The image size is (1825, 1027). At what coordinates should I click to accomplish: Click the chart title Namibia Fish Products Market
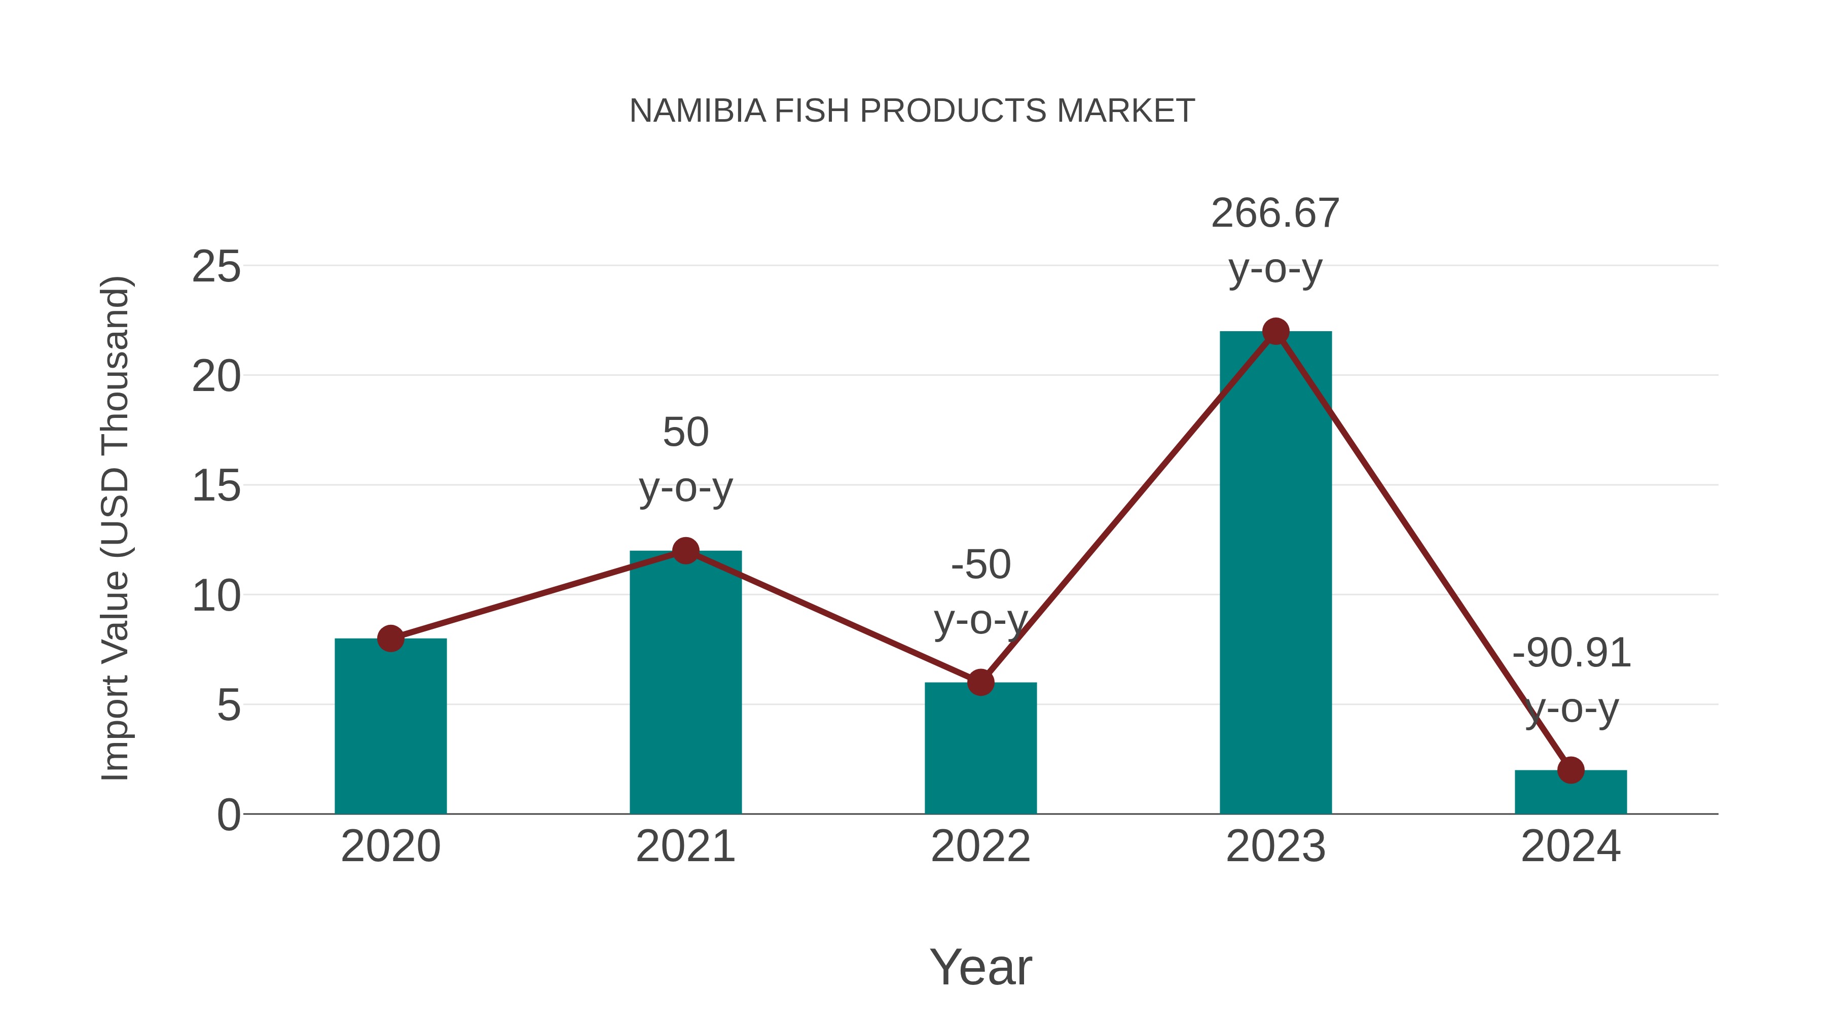[912, 111]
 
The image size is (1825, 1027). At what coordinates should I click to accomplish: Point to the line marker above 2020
[390, 639]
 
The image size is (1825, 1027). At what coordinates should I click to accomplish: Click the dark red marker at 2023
[1275, 331]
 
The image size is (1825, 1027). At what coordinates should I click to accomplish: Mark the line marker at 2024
[1571, 770]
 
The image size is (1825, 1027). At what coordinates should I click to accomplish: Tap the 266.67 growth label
[1275, 214]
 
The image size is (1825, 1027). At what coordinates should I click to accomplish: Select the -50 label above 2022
[980, 565]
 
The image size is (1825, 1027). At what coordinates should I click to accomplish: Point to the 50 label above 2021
[685, 432]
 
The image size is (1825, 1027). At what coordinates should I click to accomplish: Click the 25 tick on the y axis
[216, 267]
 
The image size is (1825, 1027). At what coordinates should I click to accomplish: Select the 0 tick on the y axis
[228, 815]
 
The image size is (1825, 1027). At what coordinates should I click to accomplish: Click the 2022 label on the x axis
[980, 846]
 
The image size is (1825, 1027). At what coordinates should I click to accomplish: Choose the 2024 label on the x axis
[1571, 846]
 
